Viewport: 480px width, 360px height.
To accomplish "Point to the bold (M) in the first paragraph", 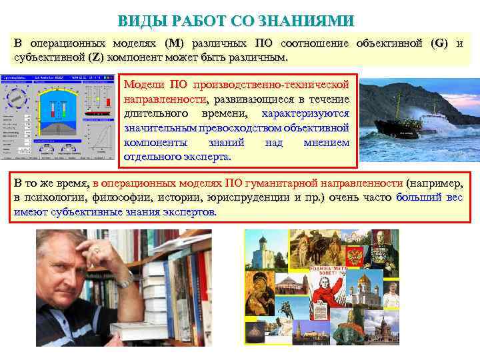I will click(x=173, y=43).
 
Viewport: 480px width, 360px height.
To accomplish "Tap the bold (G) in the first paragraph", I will click(x=440, y=43).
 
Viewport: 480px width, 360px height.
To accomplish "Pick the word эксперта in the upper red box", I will click(x=207, y=157).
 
